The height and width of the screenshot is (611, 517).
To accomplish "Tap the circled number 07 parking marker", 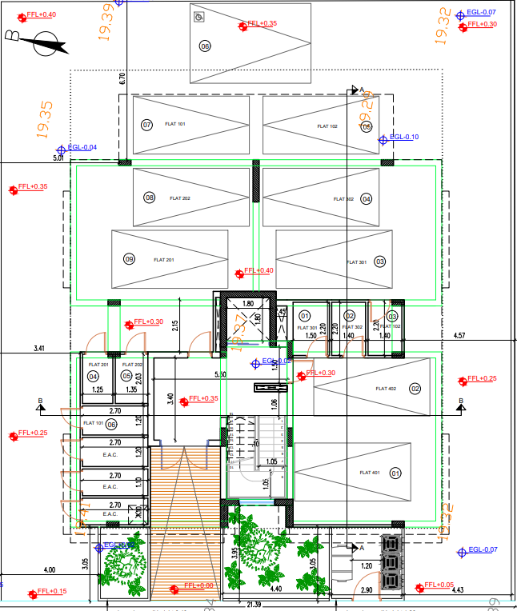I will coord(146,126).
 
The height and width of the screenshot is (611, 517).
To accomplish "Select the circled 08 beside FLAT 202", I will coord(149,198).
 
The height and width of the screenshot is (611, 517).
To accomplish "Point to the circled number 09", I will coord(129,258).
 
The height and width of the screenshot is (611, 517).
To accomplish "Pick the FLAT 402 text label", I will coord(386,389).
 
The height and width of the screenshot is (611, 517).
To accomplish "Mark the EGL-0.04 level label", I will coord(82,147).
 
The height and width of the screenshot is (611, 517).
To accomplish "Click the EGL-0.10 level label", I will coord(404,138).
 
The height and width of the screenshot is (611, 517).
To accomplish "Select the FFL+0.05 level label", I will coord(439,585).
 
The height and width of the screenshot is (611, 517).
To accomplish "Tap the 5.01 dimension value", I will coord(58,159).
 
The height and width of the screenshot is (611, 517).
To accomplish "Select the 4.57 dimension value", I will coord(459,336).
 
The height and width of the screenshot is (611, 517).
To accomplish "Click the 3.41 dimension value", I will coord(40,349).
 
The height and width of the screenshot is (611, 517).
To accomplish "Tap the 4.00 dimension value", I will coord(50,570).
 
